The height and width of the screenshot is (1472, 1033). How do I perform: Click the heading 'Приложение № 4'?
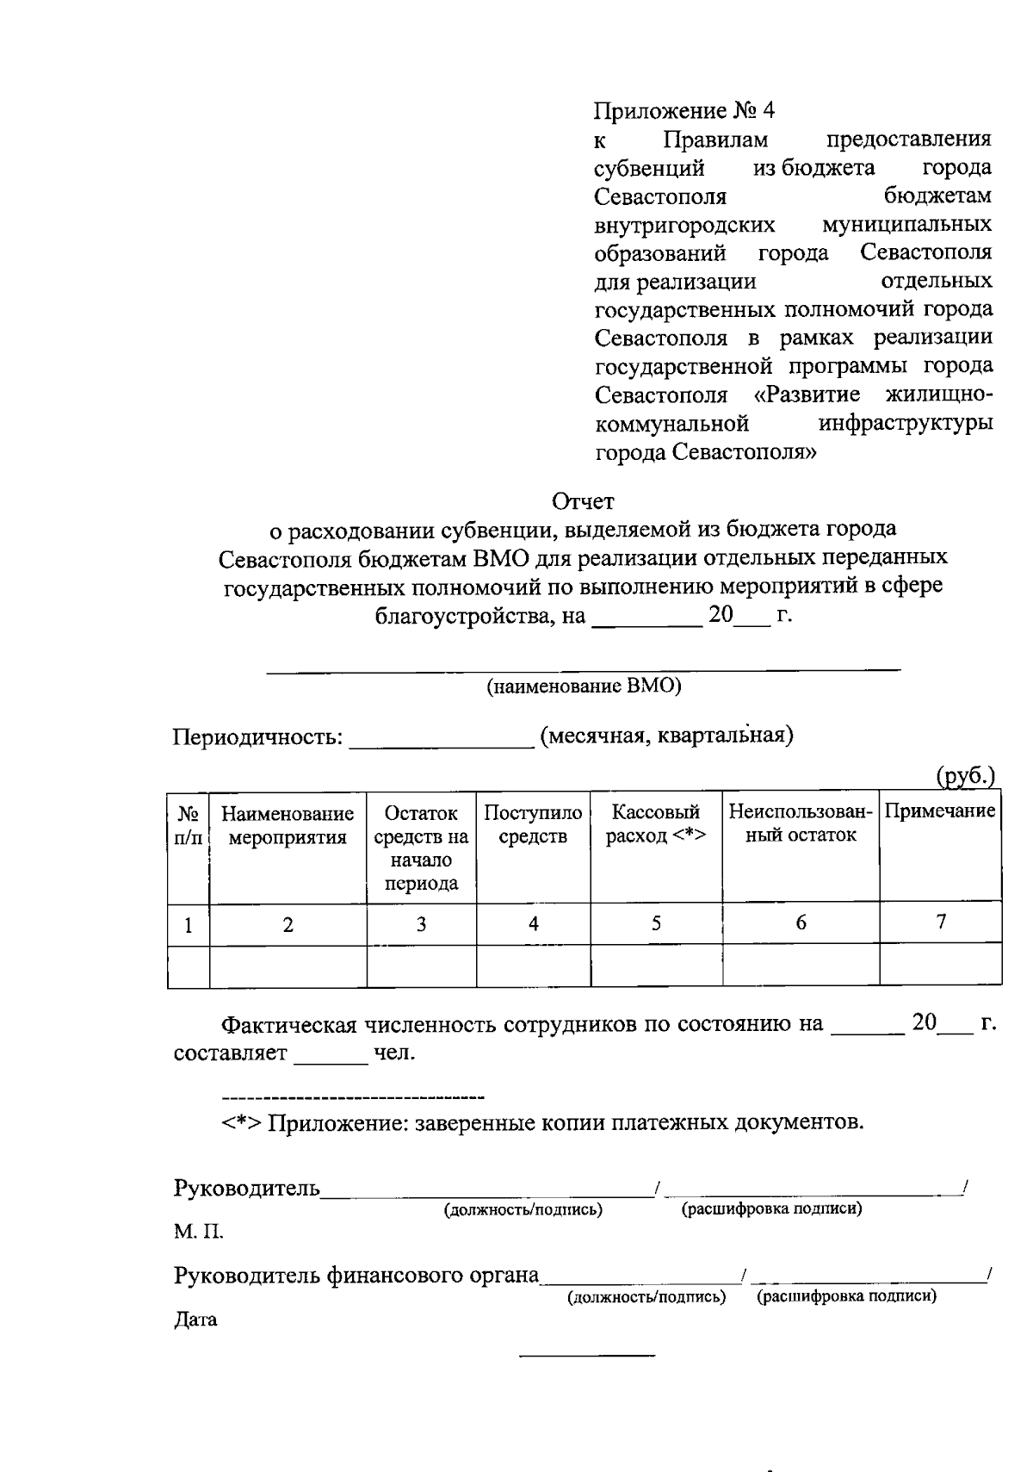pos(684,110)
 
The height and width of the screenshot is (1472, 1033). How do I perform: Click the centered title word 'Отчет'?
pos(583,500)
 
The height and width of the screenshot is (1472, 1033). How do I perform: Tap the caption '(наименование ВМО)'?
pos(583,686)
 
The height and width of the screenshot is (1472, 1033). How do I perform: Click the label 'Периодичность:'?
pos(257,737)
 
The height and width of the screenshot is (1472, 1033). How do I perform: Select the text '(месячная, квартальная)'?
pos(666,736)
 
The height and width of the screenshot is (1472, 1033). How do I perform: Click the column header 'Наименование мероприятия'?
pos(288,825)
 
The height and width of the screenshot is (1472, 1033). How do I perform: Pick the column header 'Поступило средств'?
pos(533,824)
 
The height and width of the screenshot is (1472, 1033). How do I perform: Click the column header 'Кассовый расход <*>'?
pos(656,824)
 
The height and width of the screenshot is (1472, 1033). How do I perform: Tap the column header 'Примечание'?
pos(940,811)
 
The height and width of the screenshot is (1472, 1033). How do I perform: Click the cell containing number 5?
pos(656,923)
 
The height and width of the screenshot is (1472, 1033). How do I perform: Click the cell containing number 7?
pos(941,922)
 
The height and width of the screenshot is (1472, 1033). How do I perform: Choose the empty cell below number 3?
pos(421,966)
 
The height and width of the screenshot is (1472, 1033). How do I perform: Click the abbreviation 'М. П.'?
pos(198,1233)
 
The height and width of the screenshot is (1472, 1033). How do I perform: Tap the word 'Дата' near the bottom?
pos(195,1320)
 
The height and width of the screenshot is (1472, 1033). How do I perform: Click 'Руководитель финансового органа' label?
pos(356,1275)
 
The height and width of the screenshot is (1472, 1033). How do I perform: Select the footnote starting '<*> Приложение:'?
pos(542,1123)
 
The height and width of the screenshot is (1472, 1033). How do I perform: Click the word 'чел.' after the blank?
pos(394,1053)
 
